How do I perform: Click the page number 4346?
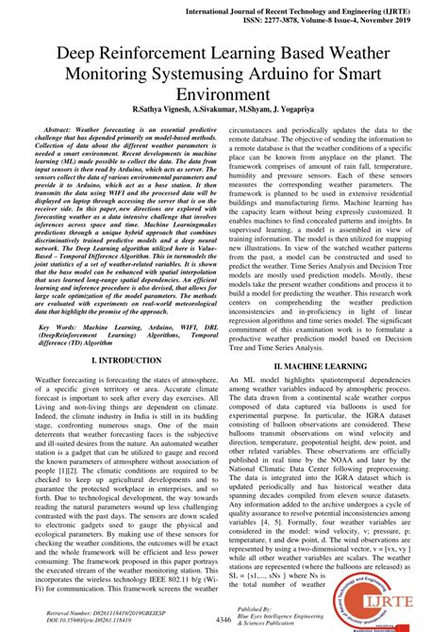tap(223, 618)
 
